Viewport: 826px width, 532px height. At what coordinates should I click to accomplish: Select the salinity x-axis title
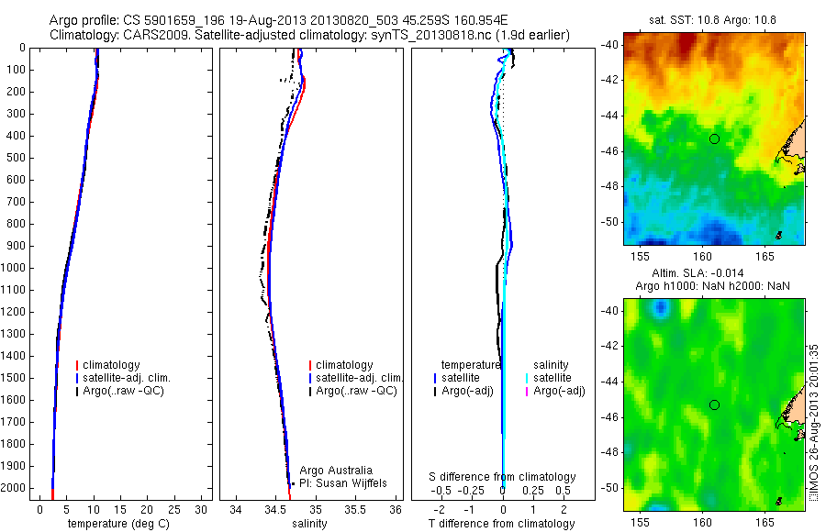307,524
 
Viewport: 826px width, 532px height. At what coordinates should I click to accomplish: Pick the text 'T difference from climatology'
502,524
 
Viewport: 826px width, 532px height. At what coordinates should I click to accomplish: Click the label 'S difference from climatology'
503,477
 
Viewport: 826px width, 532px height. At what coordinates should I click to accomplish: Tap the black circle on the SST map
714,139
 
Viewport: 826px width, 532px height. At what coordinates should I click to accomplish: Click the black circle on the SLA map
714,405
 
